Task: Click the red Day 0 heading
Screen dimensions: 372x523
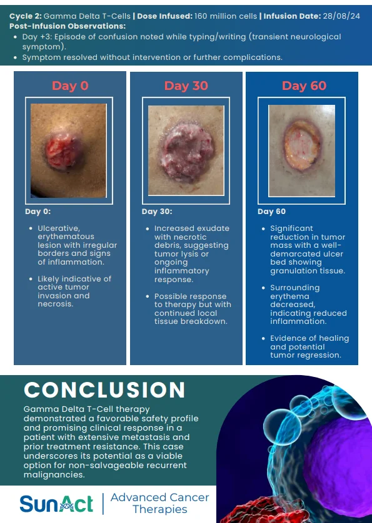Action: tap(70, 86)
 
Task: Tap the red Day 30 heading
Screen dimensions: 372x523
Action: tap(186, 86)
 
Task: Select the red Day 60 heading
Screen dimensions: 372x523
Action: tap(304, 86)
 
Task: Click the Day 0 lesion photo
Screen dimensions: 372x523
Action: tap(69, 151)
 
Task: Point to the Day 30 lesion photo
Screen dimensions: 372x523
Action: tap(186, 151)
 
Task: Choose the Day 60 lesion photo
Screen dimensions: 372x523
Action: tap(302, 151)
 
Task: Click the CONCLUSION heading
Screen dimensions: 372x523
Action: tap(104, 389)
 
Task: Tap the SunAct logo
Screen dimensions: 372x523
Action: tap(56, 504)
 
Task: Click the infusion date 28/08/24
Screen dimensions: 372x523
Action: tap(341, 16)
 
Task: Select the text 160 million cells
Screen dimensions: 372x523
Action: tap(226, 16)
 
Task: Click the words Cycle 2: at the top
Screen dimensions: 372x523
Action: tap(26, 16)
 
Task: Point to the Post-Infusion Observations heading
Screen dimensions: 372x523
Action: tap(68, 26)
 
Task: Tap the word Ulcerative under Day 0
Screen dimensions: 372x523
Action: tap(59, 228)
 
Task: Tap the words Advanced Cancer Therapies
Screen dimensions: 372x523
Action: tap(160, 503)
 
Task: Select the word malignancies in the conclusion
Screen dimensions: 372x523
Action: tap(54, 475)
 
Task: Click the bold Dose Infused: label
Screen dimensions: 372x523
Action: tap(164, 16)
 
